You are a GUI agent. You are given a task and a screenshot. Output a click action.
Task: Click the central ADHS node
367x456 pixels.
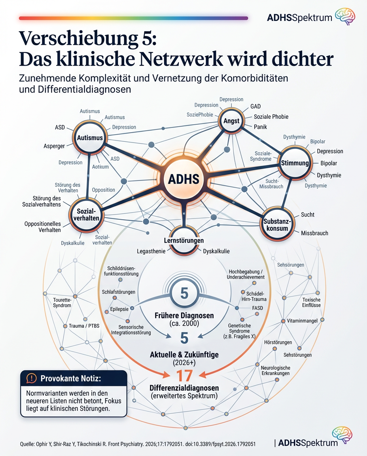183,180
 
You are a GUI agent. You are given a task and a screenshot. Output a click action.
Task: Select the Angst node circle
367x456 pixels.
231,121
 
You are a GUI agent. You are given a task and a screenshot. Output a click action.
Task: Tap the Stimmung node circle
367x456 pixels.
294,163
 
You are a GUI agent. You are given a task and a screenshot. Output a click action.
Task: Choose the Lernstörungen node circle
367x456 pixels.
184,240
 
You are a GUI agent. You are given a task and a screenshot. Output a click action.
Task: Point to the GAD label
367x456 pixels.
255,107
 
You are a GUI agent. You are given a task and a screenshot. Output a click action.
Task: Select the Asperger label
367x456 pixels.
54,146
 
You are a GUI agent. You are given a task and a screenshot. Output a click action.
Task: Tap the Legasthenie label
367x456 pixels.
151,251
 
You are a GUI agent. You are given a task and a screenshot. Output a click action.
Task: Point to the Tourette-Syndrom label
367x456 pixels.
62,302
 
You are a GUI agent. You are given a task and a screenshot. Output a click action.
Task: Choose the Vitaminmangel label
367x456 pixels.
302,320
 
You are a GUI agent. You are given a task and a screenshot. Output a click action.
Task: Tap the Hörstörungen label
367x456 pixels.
278,342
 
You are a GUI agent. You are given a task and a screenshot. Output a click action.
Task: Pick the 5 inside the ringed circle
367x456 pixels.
184,293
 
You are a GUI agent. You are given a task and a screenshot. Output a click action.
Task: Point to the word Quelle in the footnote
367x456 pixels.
28,444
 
